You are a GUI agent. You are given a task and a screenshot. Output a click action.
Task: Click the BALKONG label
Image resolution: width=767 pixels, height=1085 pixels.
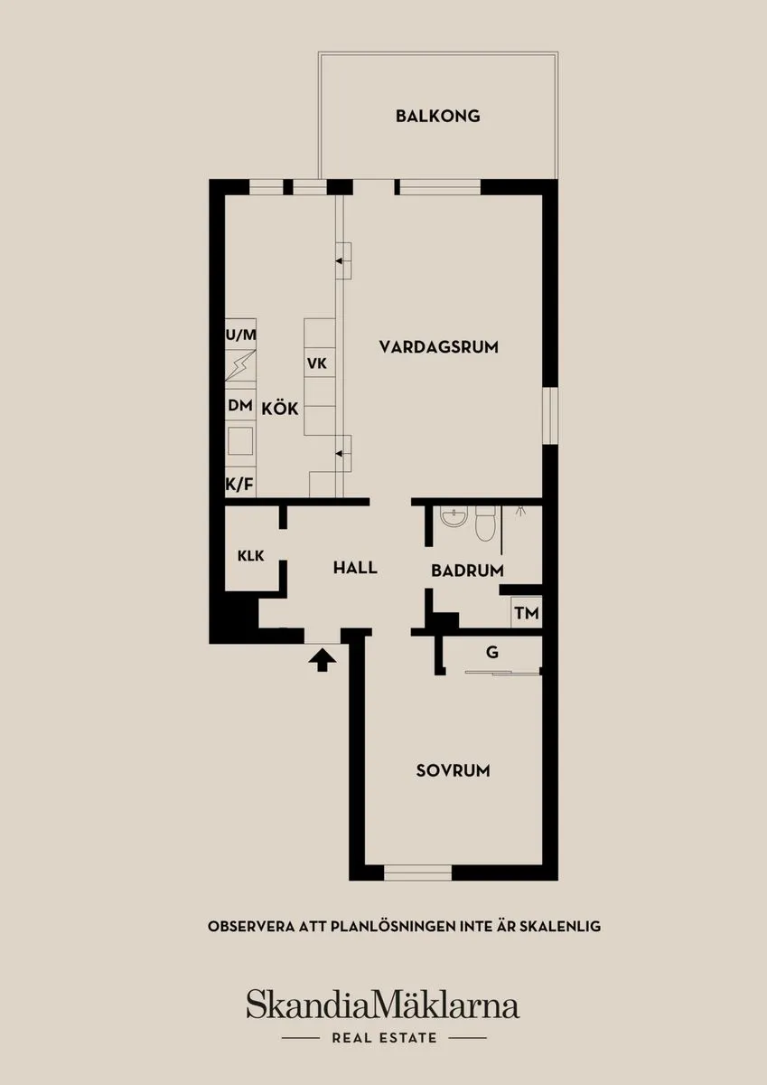(x=438, y=117)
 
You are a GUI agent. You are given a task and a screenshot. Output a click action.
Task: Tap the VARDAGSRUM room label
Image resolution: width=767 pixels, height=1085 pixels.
(x=438, y=347)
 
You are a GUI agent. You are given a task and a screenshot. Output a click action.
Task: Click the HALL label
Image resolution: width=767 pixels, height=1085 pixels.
(x=355, y=568)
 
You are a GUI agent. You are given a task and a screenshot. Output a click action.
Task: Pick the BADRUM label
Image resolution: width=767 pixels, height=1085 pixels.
(x=467, y=571)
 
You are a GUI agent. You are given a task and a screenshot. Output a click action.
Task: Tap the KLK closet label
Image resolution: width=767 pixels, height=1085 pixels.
(x=250, y=555)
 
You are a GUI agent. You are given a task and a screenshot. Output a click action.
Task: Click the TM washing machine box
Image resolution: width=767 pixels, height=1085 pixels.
(x=527, y=613)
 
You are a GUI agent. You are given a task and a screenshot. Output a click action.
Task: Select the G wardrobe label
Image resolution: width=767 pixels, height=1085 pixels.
(x=492, y=652)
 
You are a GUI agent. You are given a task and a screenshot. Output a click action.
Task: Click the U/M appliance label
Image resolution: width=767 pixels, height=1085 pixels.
(x=241, y=335)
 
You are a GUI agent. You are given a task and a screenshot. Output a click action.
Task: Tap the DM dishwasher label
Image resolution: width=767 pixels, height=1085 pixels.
(x=240, y=405)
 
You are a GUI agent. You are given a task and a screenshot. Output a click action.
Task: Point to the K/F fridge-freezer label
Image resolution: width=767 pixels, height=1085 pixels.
(x=240, y=485)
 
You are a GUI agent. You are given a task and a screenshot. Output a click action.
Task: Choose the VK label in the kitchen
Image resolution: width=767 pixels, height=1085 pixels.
(x=317, y=363)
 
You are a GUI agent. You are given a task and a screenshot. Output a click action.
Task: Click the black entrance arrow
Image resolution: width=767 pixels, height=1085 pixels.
(x=323, y=660)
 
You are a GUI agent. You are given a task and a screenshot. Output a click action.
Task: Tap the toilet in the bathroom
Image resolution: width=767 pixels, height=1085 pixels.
(x=485, y=524)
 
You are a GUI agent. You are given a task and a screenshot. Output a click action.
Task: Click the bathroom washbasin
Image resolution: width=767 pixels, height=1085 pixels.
(x=454, y=517)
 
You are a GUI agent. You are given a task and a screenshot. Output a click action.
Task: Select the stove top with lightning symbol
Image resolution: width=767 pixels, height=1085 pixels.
(x=240, y=365)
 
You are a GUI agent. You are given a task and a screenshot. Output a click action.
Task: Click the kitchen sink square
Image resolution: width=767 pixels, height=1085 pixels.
(x=240, y=441)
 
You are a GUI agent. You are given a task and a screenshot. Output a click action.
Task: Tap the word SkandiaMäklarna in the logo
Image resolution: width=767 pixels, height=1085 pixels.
(x=383, y=1005)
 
